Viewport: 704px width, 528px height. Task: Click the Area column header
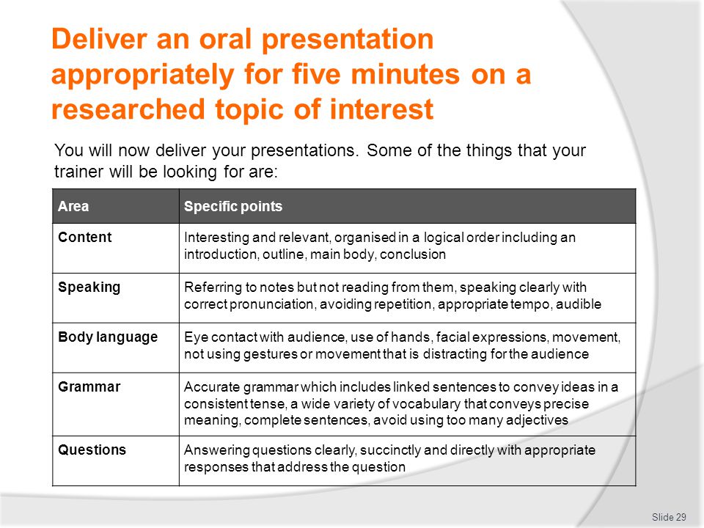(73, 206)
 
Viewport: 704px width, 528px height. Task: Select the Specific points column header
(233, 206)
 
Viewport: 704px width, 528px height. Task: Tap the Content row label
(84, 237)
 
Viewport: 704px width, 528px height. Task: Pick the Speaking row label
(89, 287)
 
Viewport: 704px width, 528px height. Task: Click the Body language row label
(108, 337)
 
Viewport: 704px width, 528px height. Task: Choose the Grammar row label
(89, 386)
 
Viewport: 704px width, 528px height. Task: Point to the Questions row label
(92, 450)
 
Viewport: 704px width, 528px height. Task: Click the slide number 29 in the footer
(669, 517)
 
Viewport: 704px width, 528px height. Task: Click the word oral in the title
(225, 39)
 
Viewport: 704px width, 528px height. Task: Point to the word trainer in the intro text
(78, 172)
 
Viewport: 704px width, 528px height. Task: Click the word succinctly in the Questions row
(389, 450)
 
